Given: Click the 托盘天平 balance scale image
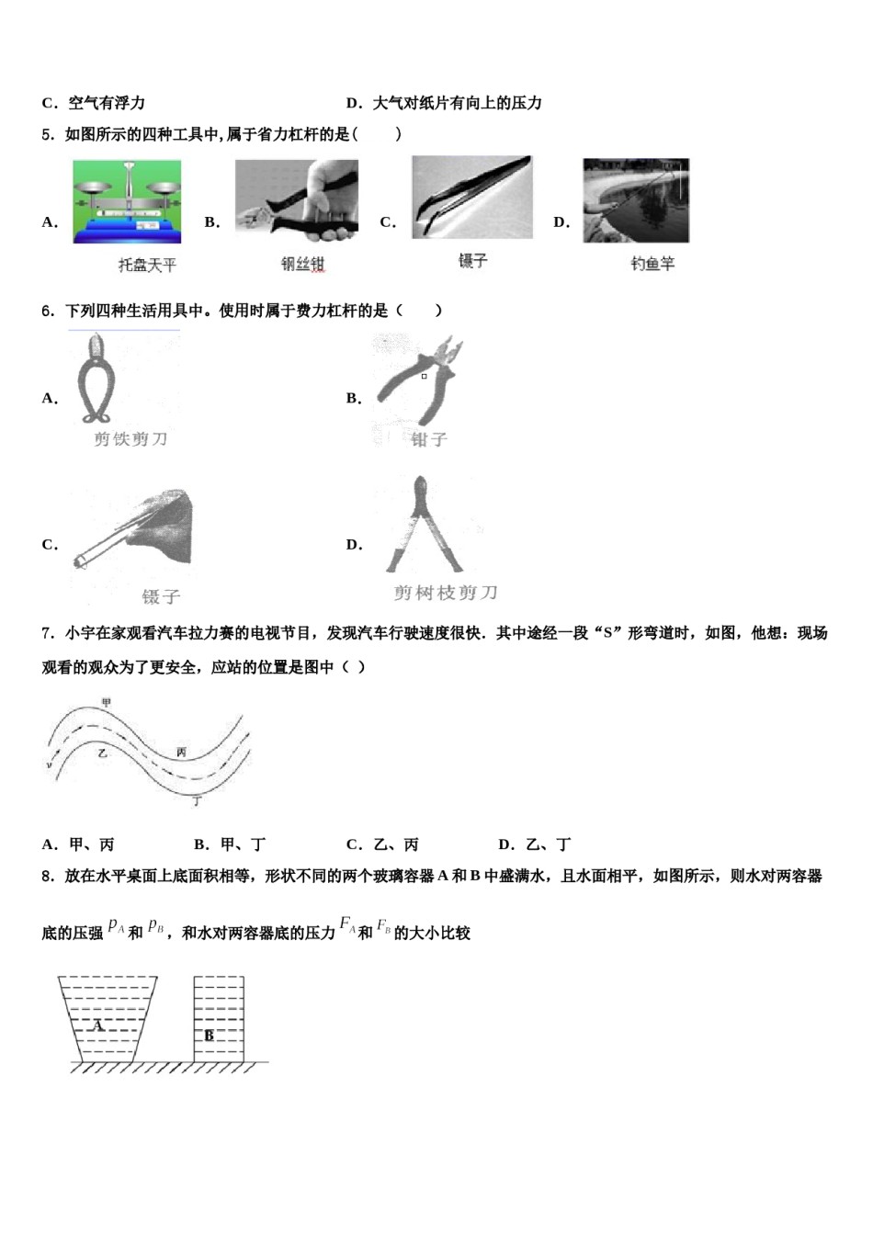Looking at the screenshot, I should click(x=128, y=202).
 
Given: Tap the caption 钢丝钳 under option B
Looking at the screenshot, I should click(x=302, y=265).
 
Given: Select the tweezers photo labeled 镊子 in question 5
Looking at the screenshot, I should click(x=471, y=197).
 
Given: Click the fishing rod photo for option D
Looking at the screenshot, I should click(x=635, y=200).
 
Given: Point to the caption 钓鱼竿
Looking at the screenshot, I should click(x=652, y=264).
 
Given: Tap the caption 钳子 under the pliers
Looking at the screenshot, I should click(x=429, y=439).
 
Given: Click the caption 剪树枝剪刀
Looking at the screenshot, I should click(x=446, y=593).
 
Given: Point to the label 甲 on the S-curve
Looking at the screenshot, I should click(x=107, y=703).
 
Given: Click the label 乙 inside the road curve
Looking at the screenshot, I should click(x=102, y=753).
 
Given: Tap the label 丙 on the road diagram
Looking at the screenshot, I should click(x=182, y=752).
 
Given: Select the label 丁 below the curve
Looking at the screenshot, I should click(x=197, y=801).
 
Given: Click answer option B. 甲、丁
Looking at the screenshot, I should click(x=230, y=844).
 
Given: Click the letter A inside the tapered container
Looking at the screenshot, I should click(x=98, y=1025).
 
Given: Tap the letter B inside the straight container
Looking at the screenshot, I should click(x=210, y=1036).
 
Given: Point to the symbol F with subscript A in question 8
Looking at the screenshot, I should click(x=347, y=925).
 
